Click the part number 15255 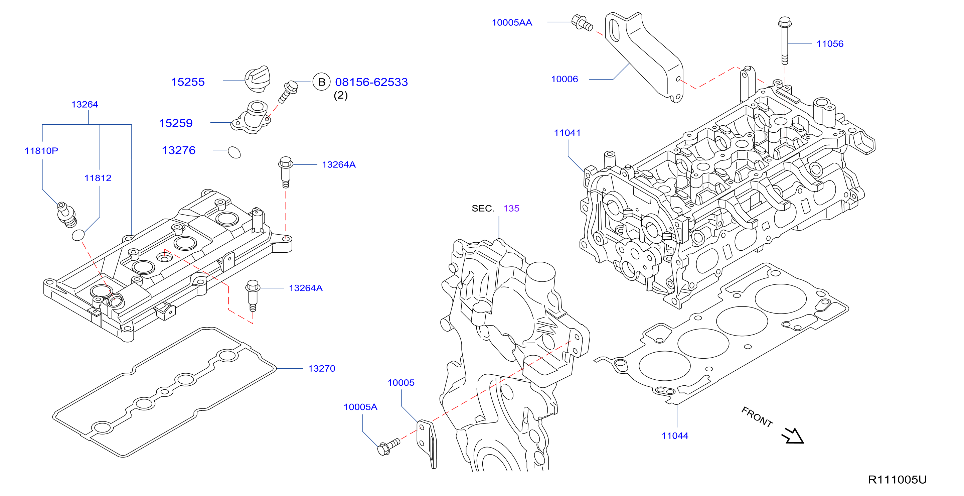[187, 82]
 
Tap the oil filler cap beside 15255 [258, 79]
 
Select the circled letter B [321, 82]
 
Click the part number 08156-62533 [371, 82]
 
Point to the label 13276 [178, 150]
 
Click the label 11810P [41, 151]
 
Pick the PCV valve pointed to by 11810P [66, 215]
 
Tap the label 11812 [98, 178]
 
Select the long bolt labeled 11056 [784, 40]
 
